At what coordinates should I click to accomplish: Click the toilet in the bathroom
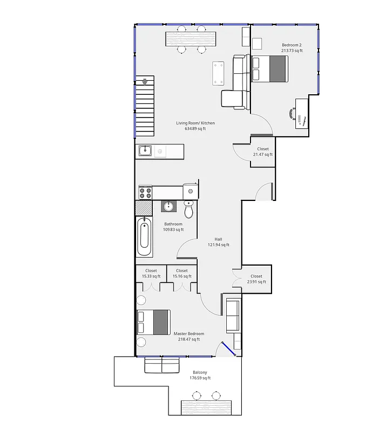[188, 208]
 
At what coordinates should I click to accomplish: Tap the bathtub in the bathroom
[145, 237]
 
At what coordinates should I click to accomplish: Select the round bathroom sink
[168, 206]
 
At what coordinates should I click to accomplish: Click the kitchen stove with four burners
[145, 192]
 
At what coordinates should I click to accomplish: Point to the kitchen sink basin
[145, 151]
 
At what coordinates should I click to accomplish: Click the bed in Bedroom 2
[269, 69]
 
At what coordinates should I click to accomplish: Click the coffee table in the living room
[219, 74]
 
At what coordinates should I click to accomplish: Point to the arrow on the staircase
[145, 82]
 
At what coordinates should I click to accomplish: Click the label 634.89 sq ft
[195, 129]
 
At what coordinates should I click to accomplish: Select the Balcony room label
[200, 372]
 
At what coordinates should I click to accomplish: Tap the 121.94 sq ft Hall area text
[219, 245]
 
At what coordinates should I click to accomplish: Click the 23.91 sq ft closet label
[256, 282]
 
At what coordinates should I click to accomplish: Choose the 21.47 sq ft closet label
[263, 155]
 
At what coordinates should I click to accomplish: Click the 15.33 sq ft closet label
[151, 276]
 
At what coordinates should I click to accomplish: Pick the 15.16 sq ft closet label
[182, 276]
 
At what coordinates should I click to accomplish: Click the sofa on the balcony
[161, 365]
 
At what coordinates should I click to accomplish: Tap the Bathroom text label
[173, 224]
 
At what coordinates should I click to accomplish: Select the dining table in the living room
[192, 39]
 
